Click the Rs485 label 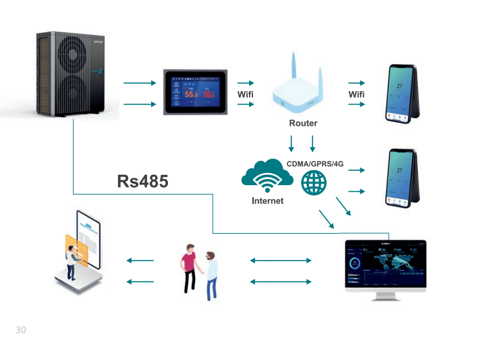tap(142, 181)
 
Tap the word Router tap(303, 123)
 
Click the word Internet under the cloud tap(267, 201)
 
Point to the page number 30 tap(20, 330)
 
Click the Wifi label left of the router tap(245, 95)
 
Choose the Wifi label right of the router tap(356, 95)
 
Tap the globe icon tap(314, 182)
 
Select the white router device tap(302, 95)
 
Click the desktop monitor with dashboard tap(385, 267)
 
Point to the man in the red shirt tap(189, 267)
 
